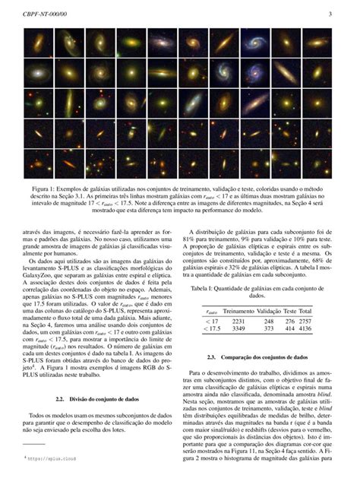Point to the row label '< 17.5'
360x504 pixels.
(213, 329)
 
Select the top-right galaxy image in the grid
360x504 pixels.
(317, 43)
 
